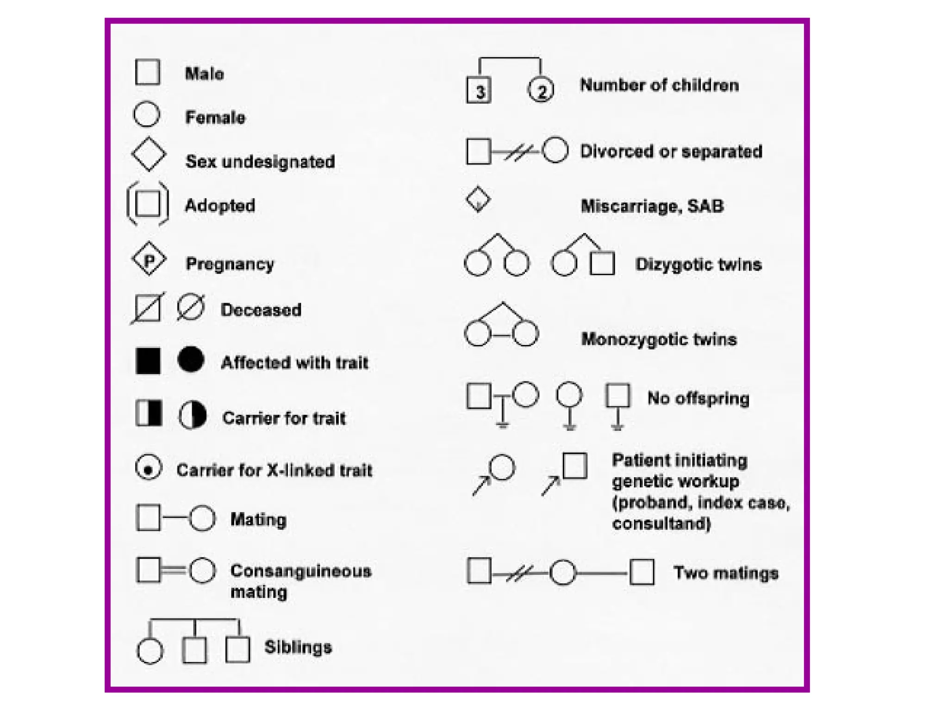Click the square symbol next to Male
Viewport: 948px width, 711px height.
(147, 72)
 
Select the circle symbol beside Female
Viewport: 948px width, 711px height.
(147, 114)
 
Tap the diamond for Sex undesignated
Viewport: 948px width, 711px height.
(149, 154)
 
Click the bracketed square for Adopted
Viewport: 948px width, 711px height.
(148, 204)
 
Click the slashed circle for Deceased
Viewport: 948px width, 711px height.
(190, 307)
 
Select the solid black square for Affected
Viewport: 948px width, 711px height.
(148, 361)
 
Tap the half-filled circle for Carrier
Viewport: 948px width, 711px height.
(193, 415)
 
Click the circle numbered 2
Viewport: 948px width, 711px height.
(541, 90)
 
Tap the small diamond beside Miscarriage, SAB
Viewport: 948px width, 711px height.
(478, 200)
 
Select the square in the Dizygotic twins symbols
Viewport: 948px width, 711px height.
(603, 263)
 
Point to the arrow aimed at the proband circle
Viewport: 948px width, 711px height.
(481, 486)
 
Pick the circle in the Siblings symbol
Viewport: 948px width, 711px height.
(150, 650)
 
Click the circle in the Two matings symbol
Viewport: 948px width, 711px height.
(563, 573)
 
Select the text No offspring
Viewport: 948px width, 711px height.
(698, 398)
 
